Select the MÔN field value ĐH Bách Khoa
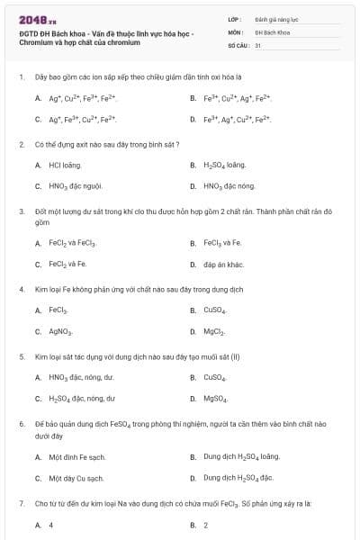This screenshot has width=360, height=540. (271, 31)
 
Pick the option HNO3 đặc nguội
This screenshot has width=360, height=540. (77, 186)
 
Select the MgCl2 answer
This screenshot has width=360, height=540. (213, 331)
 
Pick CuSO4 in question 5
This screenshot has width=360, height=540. (214, 378)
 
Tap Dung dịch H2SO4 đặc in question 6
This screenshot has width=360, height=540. (238, 478)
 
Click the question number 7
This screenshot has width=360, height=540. (21, 503)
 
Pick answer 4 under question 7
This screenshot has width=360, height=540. (50, 525)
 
